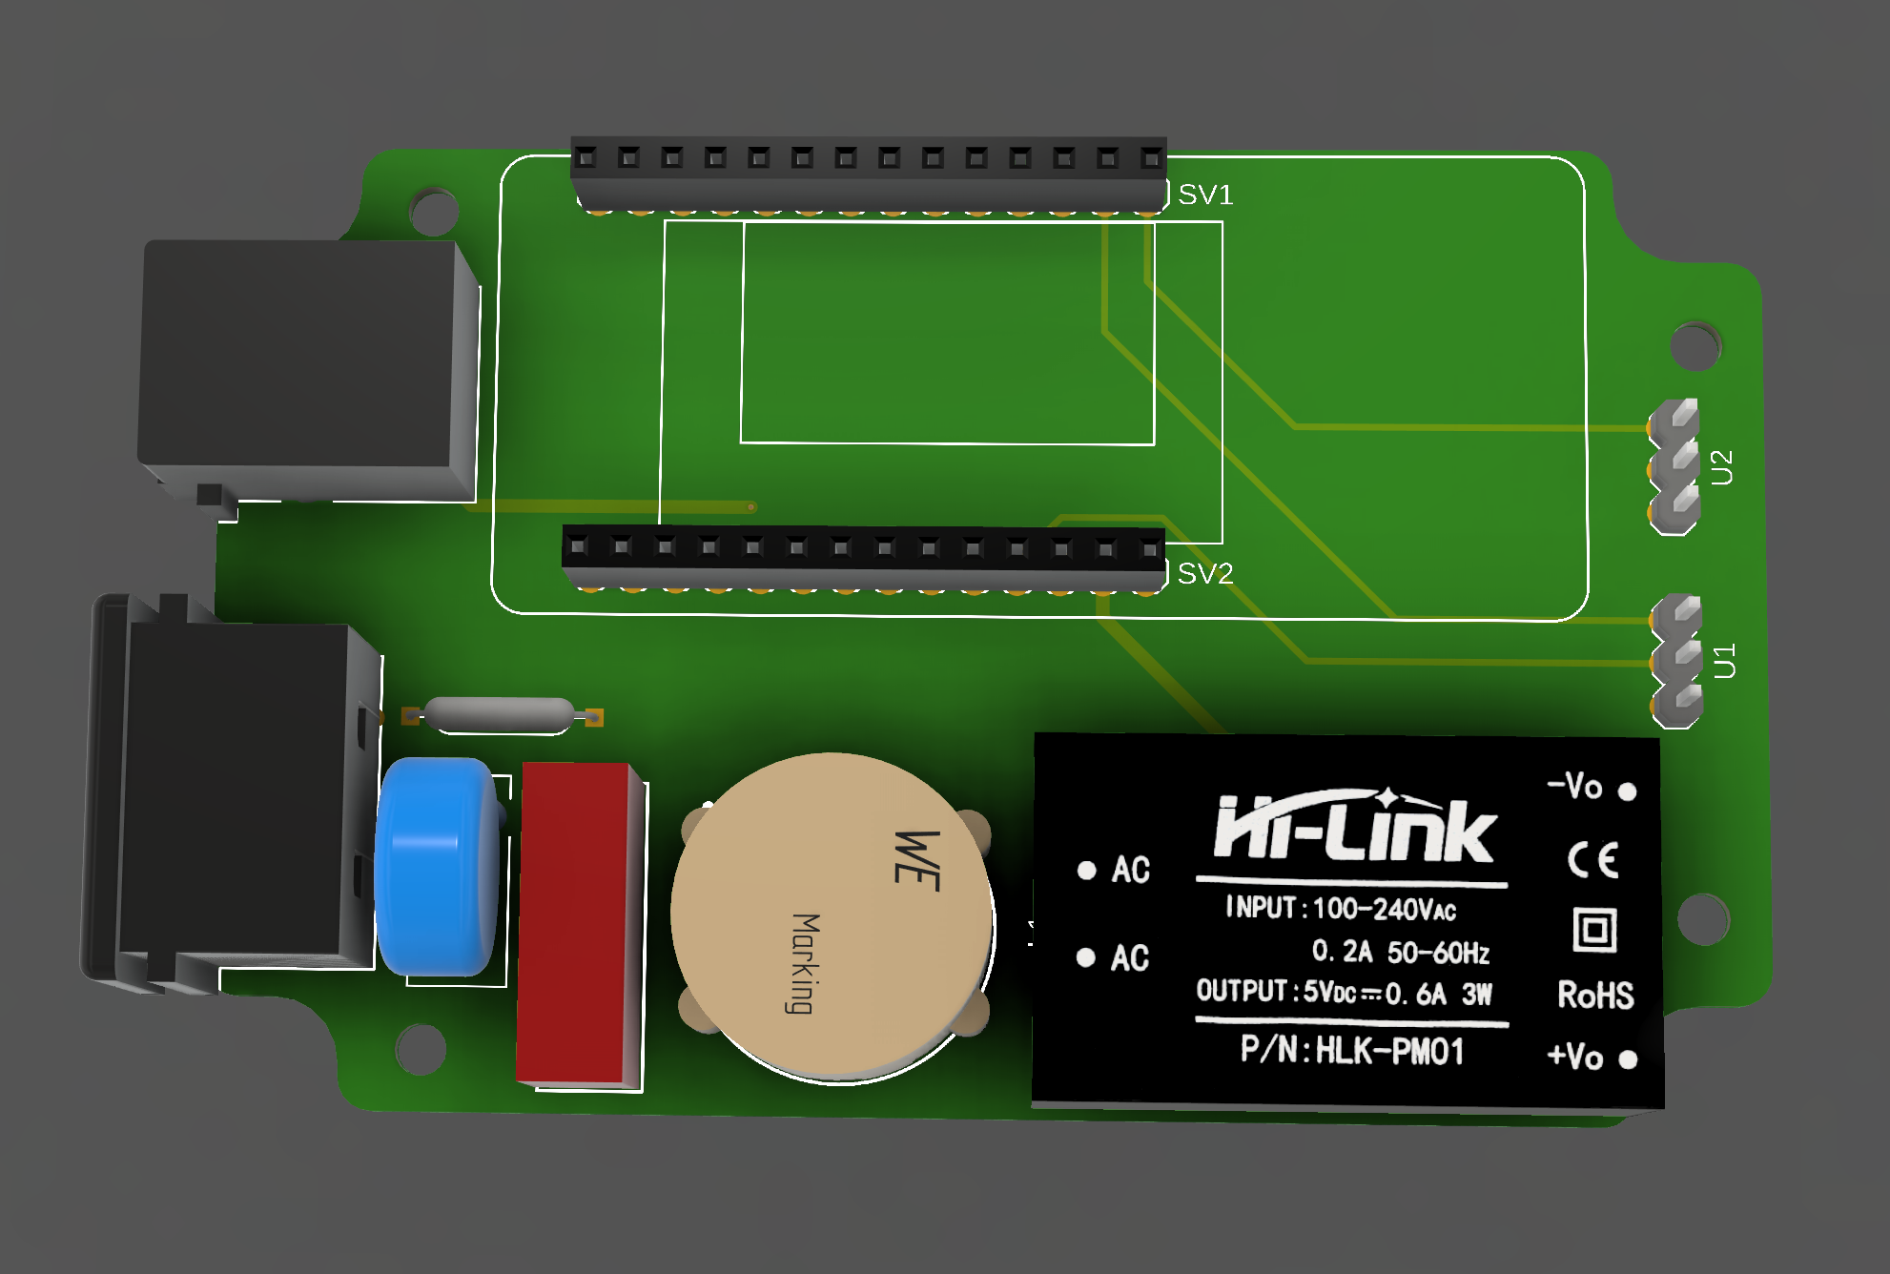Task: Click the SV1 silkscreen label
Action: [x=1205, y=195]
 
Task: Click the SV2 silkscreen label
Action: [x=1205, y=573]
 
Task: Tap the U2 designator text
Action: [x=1721, y=467]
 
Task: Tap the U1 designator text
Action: [x=1724, y=661]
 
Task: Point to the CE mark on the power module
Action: [x=1593, y=860]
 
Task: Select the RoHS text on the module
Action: [x=1595, y=995]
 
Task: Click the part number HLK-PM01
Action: [x=1389, y=1051]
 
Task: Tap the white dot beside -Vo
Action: [x=1628, y=791]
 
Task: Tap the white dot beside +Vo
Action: [x=1628, y=1059]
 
